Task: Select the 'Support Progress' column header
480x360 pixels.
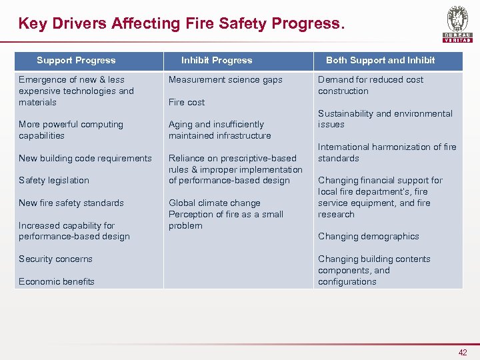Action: tap(76, 61)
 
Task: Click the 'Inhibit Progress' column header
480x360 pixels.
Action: tap(217, 61)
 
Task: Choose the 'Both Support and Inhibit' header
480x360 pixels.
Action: tap(380, 61)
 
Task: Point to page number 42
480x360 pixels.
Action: tap(463, 353)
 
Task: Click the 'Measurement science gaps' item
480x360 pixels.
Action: tap(225, 80)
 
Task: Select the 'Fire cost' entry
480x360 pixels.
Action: tap(187, 103)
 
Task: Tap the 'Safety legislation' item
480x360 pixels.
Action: tap(54, 181)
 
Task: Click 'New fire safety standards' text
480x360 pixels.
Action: tap(71, 203)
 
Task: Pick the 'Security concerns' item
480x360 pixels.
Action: tap(55, 259)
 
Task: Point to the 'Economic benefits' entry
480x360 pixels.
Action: tap(57, 281)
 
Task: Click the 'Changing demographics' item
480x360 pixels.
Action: tap(369, 237)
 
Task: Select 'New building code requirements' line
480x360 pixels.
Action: tap(85, 159)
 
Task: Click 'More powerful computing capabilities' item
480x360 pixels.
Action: tap(71, 130)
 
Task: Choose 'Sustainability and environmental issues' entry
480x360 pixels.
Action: tap(385, 119)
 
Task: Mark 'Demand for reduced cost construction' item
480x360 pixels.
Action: tap(371, 85)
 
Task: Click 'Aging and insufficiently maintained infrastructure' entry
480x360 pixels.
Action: tap(219, 130)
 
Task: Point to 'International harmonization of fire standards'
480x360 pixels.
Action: tap(387, 153)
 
